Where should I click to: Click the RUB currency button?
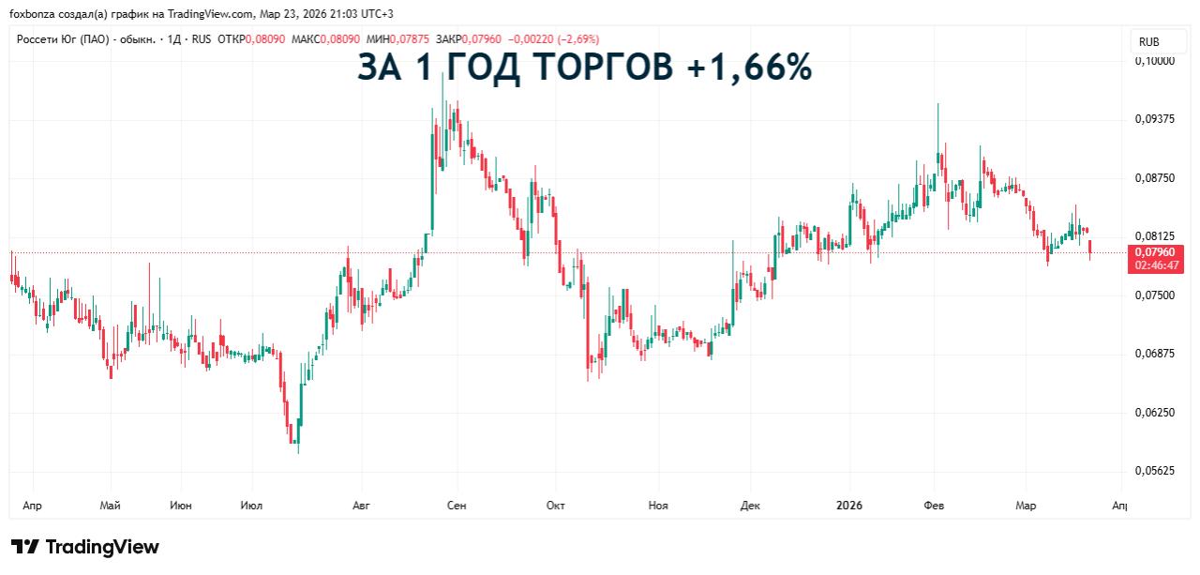pyautogui.click(x=1148, y=41)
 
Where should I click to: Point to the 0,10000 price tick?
pyautogui.click(x=1154, y=60)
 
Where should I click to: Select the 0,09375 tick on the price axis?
pyautogui.click(x=1154, y=119)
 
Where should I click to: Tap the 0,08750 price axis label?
pyautogui.click(x=1154, y=178)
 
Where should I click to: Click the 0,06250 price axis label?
pyautogui.click(x=1154, y=412)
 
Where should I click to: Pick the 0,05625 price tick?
pyautogui.click(x=1154, y=471)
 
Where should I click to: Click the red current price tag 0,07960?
pyautogui.click(x=1154, y=252)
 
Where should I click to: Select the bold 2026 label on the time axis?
pyautogui.click(x=848, y=506)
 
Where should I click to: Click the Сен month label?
pyautogui.click(x=457, y=506)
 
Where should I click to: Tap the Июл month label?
pyautogui.click(x=251, y=506)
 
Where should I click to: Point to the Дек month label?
pyautogui.click(x=750, y=506)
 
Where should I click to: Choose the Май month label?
pyautogui.click(x=110, y=506)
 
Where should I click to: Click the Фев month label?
pyautogui.click(x=934, y=506)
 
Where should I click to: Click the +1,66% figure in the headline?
pyautogui.click(x=754, y=68)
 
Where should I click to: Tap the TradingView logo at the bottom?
pyautogui.click(x=85, y=547)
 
